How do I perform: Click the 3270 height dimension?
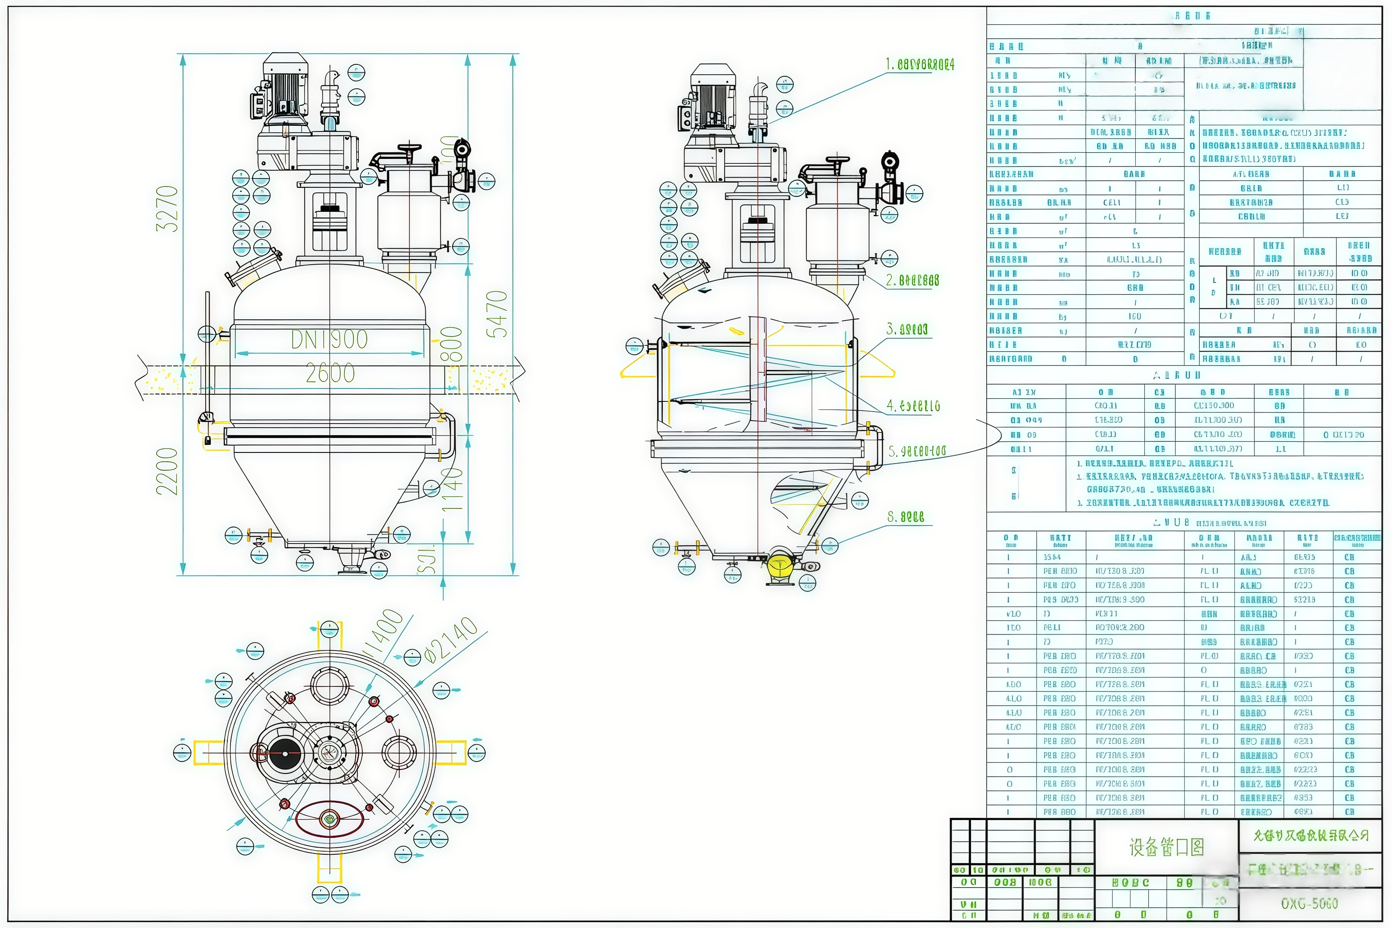tap(167, 208)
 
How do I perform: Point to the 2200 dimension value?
tap(167, 471)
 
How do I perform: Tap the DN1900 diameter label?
tap(329, 339)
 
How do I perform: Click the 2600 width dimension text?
tap(329, 373)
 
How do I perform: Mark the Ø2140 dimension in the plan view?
tap(452, 640)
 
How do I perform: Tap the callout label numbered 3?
tap(907, 329)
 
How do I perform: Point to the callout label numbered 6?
tap(905, 517)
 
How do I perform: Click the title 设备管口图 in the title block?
tap(1166, 848)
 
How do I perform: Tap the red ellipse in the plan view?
tap(329, 819)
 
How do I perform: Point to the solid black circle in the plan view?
tap(285, 753)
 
